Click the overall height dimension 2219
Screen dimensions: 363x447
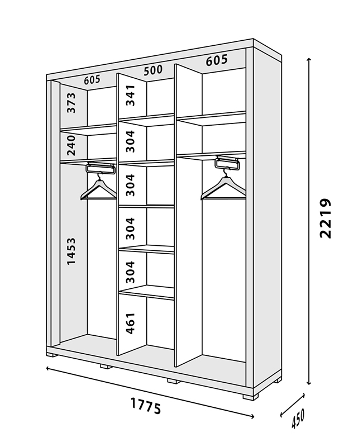coord(326,218)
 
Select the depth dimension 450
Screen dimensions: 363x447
coord(298,418)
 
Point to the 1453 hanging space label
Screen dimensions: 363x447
coord(71,251)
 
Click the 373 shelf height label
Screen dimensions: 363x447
coord(71,103)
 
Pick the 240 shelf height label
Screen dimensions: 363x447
coord(71,145)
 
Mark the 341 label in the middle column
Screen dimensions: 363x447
coord(130,95)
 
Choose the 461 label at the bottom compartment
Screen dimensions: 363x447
coord(130,324)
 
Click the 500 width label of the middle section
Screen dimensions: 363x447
coord(153,70)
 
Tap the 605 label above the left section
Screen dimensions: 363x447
coord(92,80)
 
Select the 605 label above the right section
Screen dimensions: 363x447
coord(217,60)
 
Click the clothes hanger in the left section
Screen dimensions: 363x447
coord(99,187)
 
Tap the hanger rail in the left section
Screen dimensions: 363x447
coord(101,168)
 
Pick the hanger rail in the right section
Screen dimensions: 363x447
coord(227,163)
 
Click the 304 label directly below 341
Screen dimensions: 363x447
coord(130,141)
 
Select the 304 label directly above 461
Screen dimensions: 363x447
coord(130,272)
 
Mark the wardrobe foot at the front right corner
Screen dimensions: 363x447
coord(251,396)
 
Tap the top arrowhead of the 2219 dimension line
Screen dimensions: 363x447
coord(309,59)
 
